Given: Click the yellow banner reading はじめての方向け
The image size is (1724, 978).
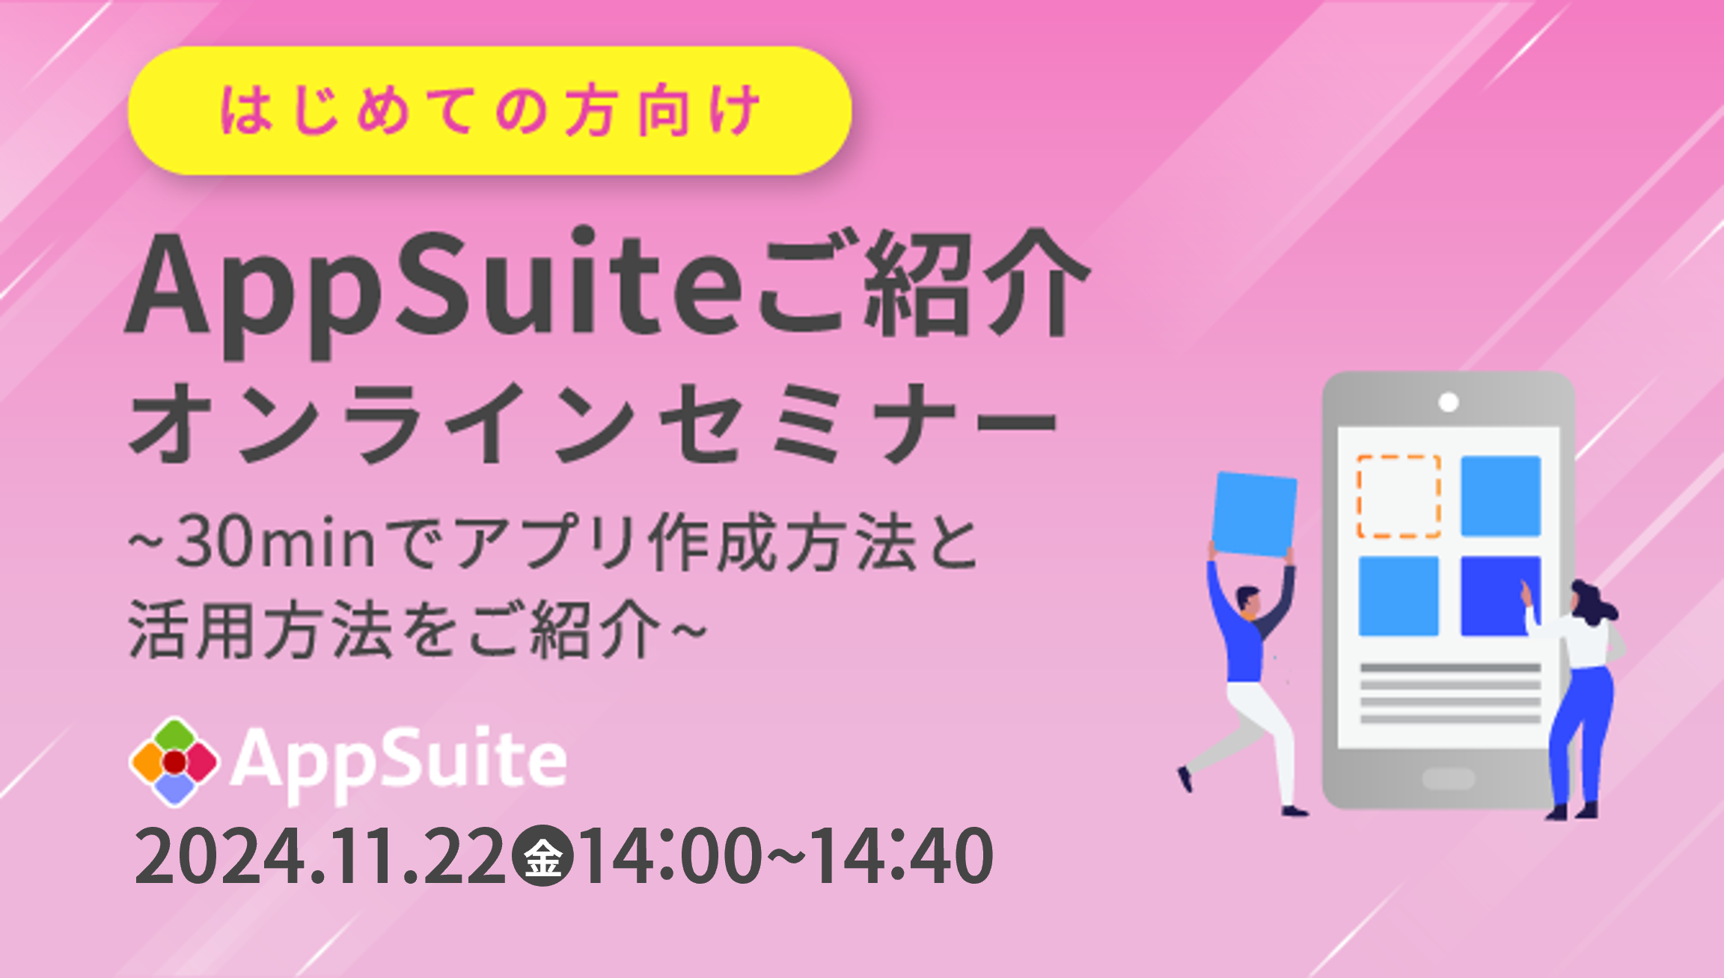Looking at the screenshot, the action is (x=490, y=111).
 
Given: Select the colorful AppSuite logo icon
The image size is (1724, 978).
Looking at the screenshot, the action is (x=174, y=762).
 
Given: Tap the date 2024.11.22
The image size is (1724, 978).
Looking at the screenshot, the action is (x=320, y=856).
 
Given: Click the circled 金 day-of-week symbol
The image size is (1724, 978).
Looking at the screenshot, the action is (x=542, y=856).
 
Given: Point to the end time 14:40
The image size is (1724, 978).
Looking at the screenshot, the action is (x=902, y=856).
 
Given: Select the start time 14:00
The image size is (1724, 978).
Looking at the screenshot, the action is (x=670, y=856).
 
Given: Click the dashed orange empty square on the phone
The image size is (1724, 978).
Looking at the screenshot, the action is (x=1399, y=495).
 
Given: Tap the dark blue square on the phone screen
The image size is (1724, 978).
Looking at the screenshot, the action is (x=1500, y=596).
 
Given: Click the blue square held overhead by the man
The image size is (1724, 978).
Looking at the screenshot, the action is (x=1254, y=514).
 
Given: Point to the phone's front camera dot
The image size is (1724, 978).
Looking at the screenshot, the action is (x=1449, y=403).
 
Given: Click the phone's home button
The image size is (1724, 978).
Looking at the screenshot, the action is (x=1449, y=779).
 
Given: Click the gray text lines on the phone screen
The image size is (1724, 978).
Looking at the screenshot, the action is (x=1450, y=693).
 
